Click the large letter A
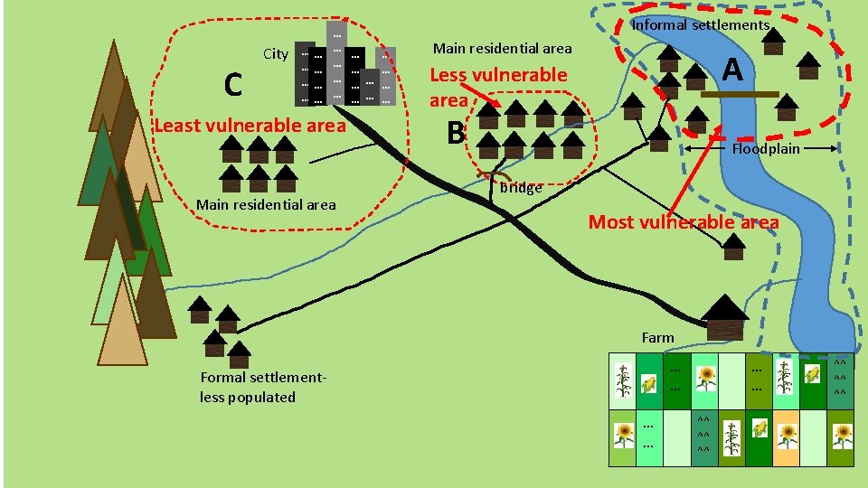(733, 69)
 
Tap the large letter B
(456, 134)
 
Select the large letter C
(232, 85)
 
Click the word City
(276, 54)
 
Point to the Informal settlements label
(700, 25)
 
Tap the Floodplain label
(766, 148)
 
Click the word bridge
(521, 188)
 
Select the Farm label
(657, 337)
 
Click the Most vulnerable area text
(684, 221)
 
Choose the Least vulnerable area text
(250, 125)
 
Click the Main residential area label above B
(503, 48)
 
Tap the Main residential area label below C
(266, 204)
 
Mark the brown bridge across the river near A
(738, 94)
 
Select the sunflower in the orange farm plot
(788, 434)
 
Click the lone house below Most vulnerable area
(734, 244)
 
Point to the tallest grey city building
(336, 63)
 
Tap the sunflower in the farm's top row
(705, 377)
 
